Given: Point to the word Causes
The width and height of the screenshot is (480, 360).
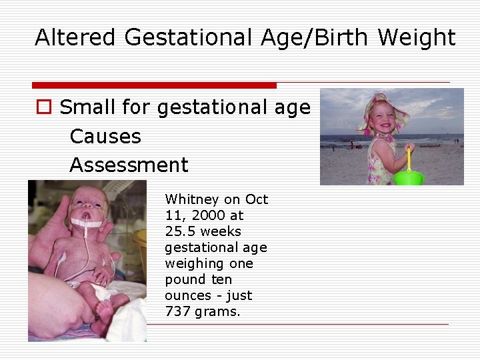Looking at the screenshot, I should pyautogui.click(x=105, y=137).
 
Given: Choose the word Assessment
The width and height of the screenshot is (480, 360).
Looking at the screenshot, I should pyautogui.click(x=129, y=165).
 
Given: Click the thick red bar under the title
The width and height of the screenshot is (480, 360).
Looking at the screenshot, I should pyautogui.click(x=154, y=85).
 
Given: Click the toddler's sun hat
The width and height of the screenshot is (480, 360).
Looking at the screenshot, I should pyautogui.click(x=384, y=107).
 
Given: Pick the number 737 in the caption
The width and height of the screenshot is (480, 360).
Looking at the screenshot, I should pyautogui.click(x=178, y=311).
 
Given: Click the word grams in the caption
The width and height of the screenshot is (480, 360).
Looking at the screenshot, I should pyautogui.click(x=218, y=311).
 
